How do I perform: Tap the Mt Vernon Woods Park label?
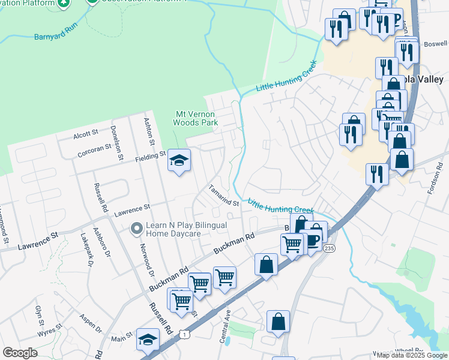point(196,118)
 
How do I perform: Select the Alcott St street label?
point(86,133)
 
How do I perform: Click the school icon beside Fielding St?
point(178,160)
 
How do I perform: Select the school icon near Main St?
point(148,340)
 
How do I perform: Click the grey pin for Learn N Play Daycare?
point(137,228)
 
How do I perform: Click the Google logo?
point(20,353)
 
